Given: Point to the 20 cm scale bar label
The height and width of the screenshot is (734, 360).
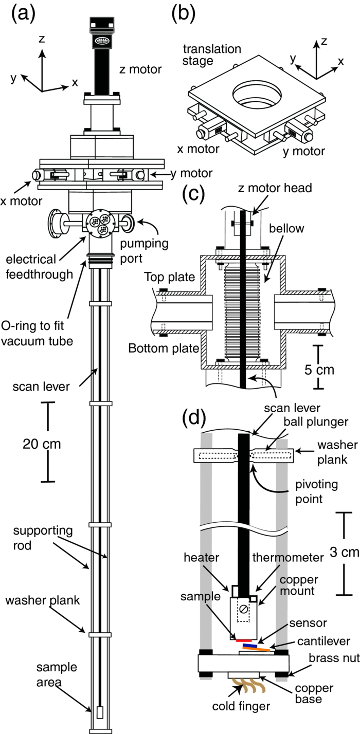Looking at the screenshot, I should point(42,444).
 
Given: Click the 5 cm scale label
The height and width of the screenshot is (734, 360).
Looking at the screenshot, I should point(329,369).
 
